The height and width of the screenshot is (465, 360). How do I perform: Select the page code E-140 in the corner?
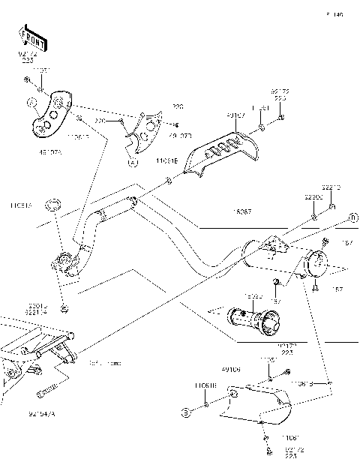pyautogui.click(x=334, y=14)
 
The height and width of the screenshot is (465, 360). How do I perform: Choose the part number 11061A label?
pyautogui.click(x=21, y=203)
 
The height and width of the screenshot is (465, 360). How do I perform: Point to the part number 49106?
pyautogui.click(x=230, y=368)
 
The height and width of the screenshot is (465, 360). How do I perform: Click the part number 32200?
pyautogui.click(x=313, y=196)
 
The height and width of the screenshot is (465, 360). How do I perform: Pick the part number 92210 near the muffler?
pyautogui.click(x=332, y=187)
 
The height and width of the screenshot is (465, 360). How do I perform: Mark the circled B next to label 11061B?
pyautogui.click(x=183, y=411)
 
